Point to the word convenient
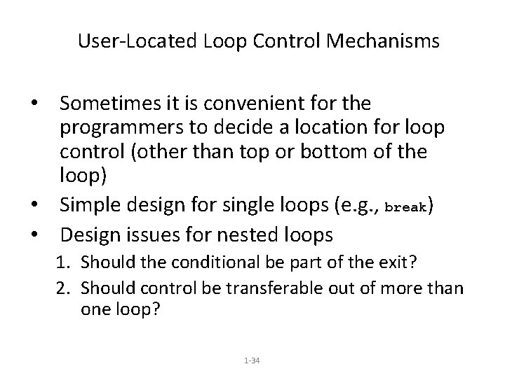tap(242, 104)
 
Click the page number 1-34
tap(252, 360)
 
